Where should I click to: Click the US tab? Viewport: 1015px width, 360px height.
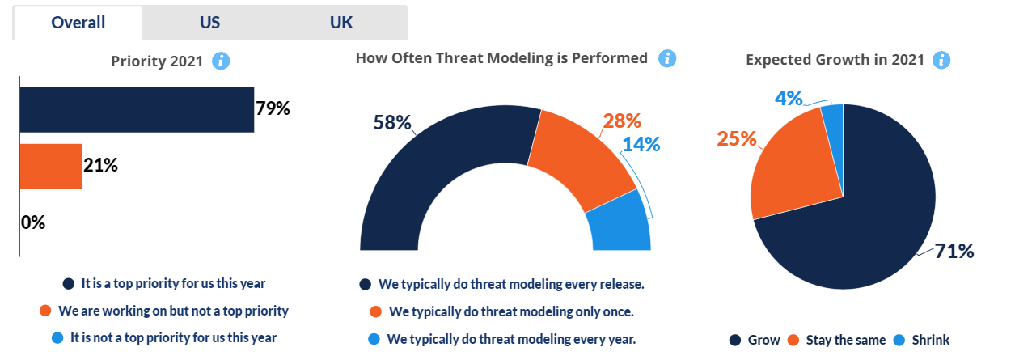(209, 23)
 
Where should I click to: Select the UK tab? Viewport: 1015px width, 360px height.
(341, 23)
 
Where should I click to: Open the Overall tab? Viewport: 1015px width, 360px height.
(78, 23)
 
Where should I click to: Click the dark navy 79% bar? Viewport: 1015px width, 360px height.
(137, 109)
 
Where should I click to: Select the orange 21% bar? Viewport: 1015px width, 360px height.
(51, 167)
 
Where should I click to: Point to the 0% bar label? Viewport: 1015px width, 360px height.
(33, 222)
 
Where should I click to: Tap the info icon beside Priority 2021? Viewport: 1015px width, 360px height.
(221, 61)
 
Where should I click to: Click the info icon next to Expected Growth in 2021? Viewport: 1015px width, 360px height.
(941, 60)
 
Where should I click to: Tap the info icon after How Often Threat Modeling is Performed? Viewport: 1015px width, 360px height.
(667, 58)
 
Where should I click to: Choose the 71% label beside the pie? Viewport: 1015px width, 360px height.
(954, 251)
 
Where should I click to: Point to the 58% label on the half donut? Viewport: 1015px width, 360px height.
(392, 122)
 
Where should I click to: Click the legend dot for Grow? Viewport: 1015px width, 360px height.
(735, 340)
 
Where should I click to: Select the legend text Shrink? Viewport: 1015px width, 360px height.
(930, 340)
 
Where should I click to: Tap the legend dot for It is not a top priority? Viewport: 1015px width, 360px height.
(57, 338)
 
